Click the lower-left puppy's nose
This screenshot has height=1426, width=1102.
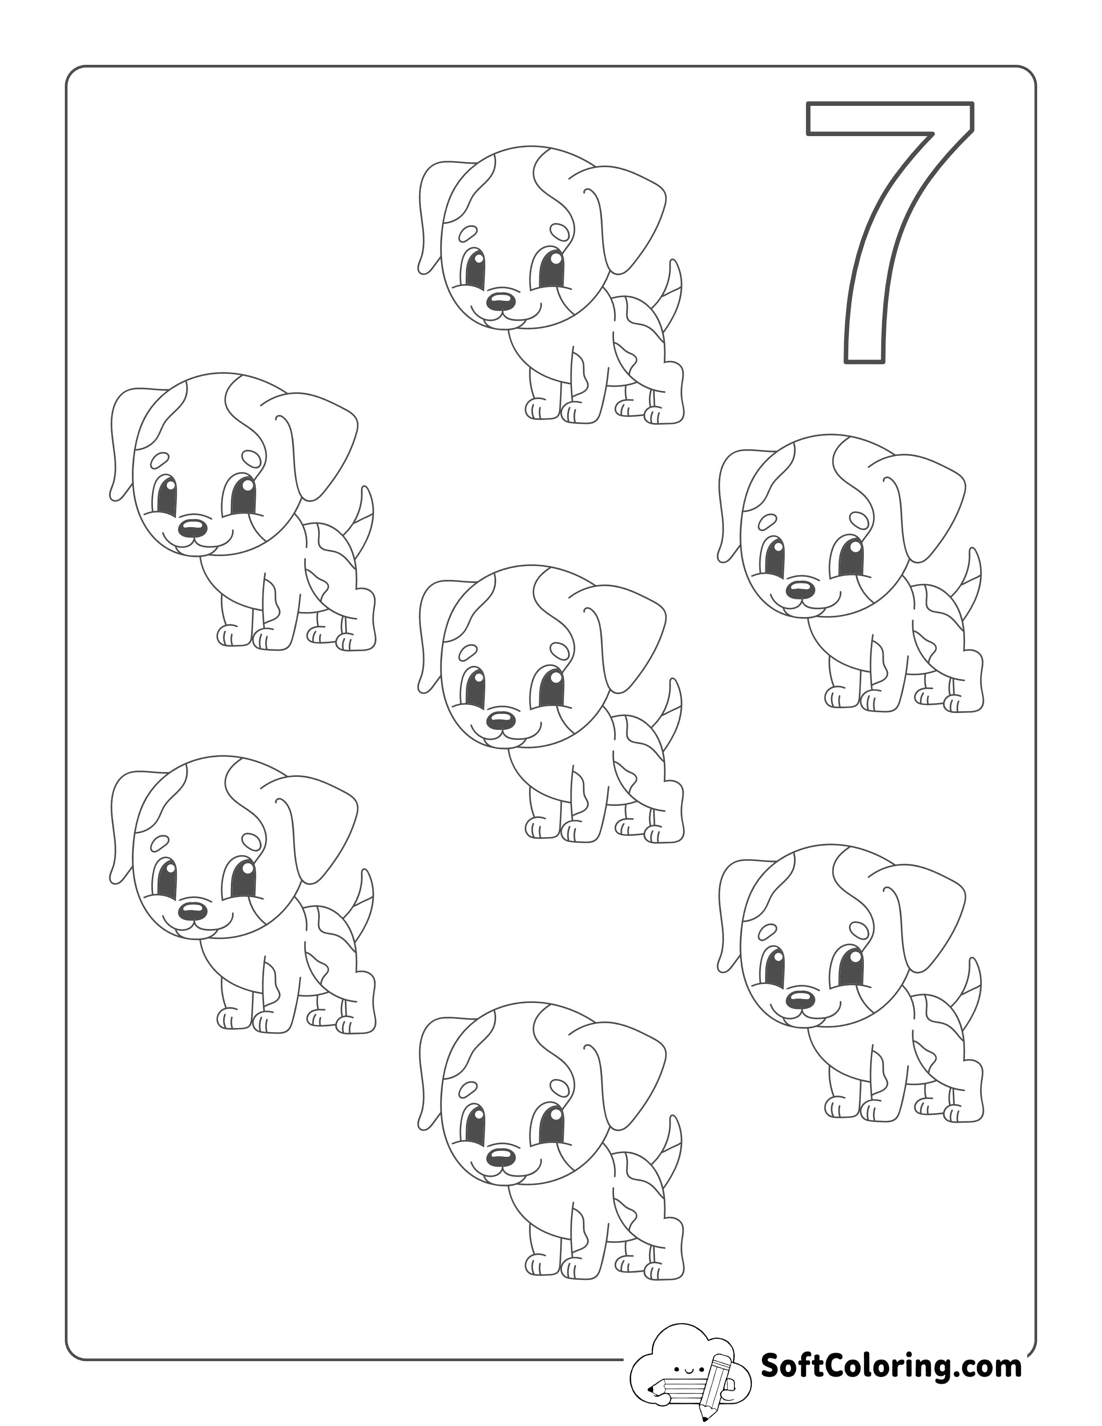coord(193,910)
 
